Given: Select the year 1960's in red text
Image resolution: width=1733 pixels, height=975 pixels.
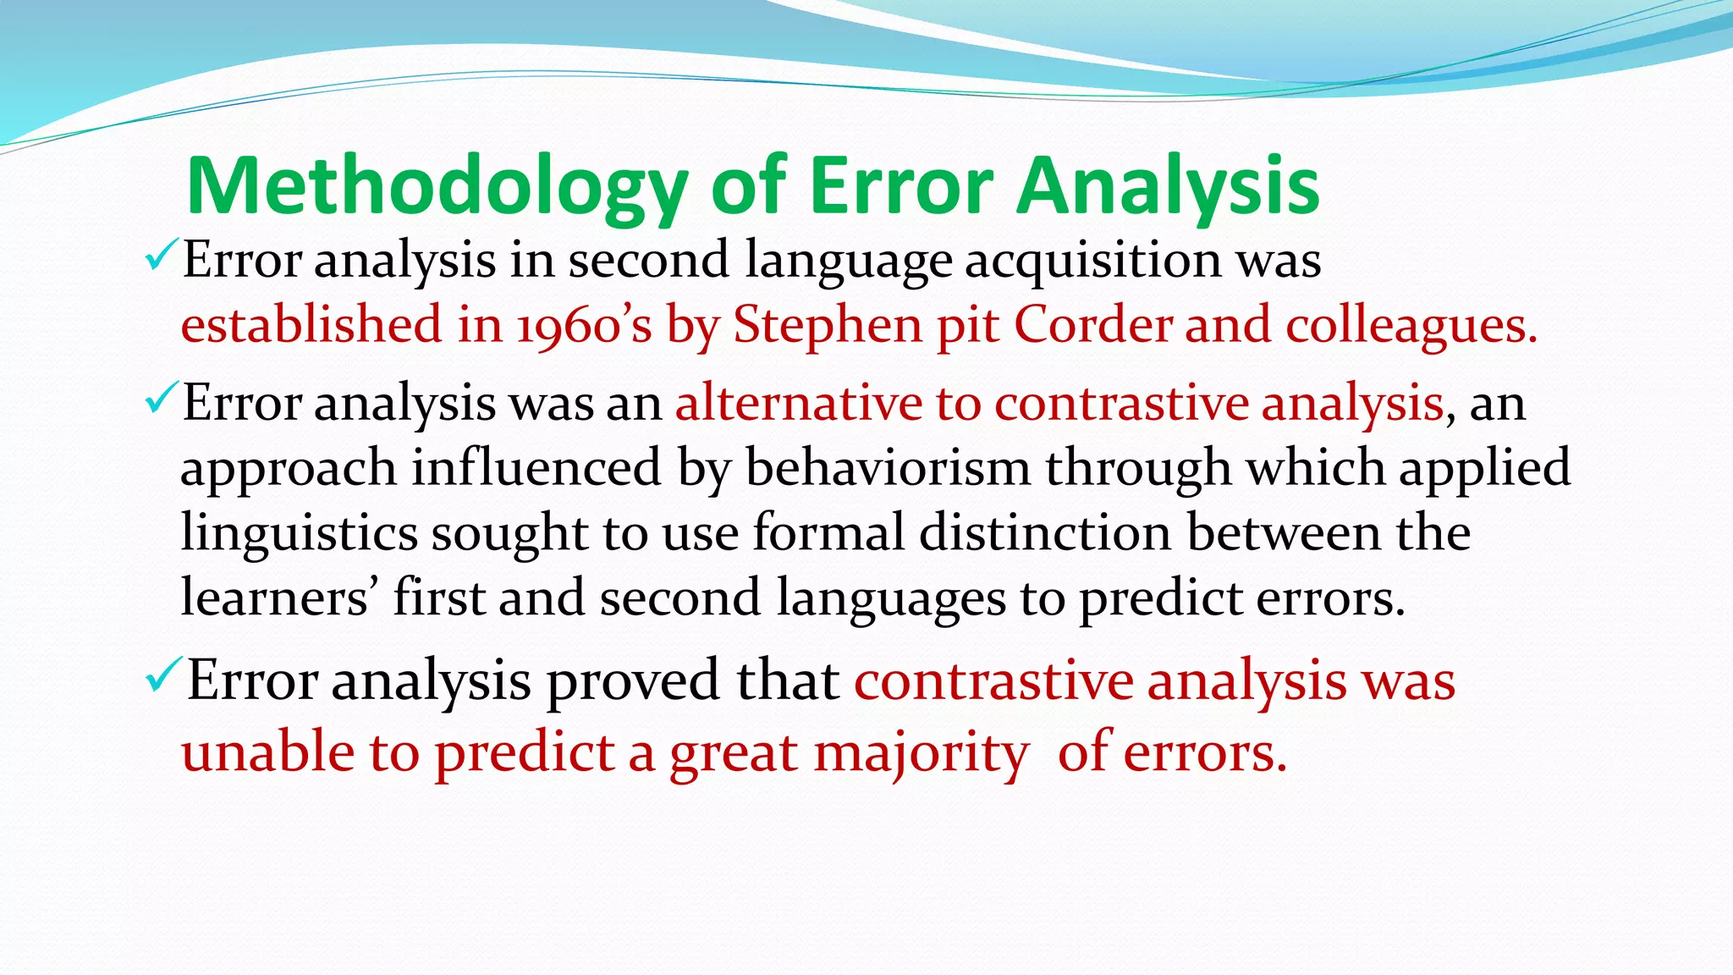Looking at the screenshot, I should click(x=585, y=325).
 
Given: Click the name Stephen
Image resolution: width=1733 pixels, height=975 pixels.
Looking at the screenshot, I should click(x=828, y=325).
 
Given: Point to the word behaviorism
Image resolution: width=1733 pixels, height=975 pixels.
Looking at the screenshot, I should click(x=888, y=467).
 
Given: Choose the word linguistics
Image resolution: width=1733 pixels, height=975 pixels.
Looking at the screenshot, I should click(x=300, y=534).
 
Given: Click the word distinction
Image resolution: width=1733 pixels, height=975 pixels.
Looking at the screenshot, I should click(x=1045, y=532).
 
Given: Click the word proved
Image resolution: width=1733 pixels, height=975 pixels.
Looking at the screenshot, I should click(x=634, y=681).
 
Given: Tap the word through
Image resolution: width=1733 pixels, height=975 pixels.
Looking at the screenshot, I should click(x=1138, y=469).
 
